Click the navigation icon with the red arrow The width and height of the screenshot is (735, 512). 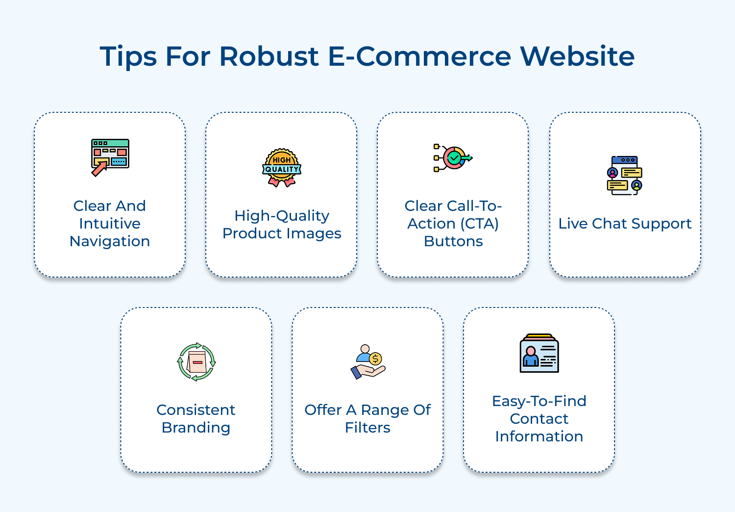click(110, 157)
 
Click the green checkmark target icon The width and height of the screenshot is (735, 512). click(453, 157)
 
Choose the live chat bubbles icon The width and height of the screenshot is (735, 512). click(625, 176)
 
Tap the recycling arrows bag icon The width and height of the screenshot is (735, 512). click(196, 362)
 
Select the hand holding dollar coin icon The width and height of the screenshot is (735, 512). click(368, 362)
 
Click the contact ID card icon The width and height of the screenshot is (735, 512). click(539, 353)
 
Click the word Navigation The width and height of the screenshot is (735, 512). click(110, 241)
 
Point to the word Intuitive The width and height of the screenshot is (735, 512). click(110, 224)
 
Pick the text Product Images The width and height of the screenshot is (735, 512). click(282, 233)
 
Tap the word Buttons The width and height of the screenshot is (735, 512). click(453, 241)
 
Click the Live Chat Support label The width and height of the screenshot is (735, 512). click(625, 224)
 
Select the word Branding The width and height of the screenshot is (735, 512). click(196, 428)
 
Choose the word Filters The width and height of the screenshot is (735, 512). click(367, 428)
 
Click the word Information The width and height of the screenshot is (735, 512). click(539, 436)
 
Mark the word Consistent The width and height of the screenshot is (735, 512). click(196, 410)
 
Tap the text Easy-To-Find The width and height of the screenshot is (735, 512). click(539, 401)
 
